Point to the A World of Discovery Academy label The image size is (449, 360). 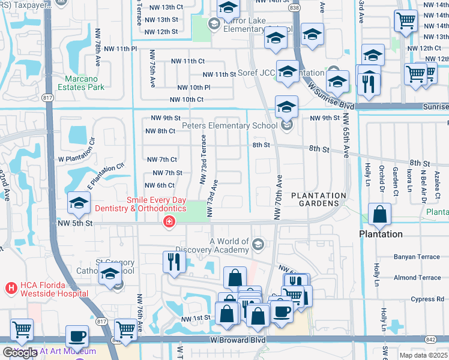click(228, 245)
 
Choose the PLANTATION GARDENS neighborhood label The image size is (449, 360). click(319, 200)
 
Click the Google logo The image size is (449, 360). click(20, 353)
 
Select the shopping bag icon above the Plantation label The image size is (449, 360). click(379, 215)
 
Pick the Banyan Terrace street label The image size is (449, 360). click(417, 257)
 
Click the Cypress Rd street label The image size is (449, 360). click(427, 299)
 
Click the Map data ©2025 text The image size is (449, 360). click(423, 355)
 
